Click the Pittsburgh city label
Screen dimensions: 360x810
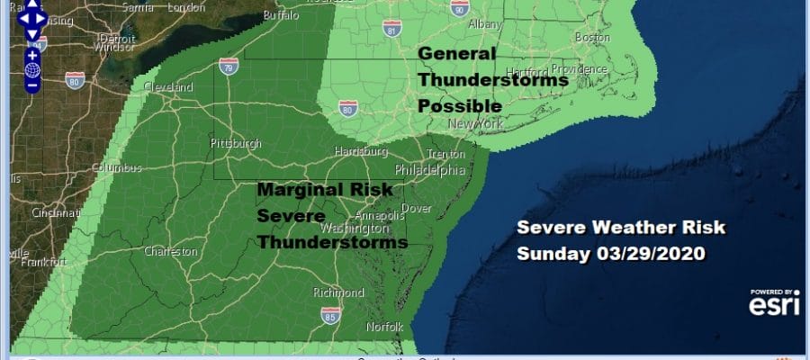(x=235, y=144)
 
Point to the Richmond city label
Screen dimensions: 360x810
(x=337, y=292)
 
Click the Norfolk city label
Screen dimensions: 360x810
(x=384, y=326)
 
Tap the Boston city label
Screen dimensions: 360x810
(x=591, y=38)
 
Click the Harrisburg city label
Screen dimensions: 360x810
(x=360, y=150)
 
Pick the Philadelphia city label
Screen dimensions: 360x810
(x=430, y=169)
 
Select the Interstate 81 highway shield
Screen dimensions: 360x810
(x=390, y=28)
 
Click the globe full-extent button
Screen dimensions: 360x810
(x=31, y=69)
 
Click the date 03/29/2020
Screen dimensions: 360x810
(x=659, y=253)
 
